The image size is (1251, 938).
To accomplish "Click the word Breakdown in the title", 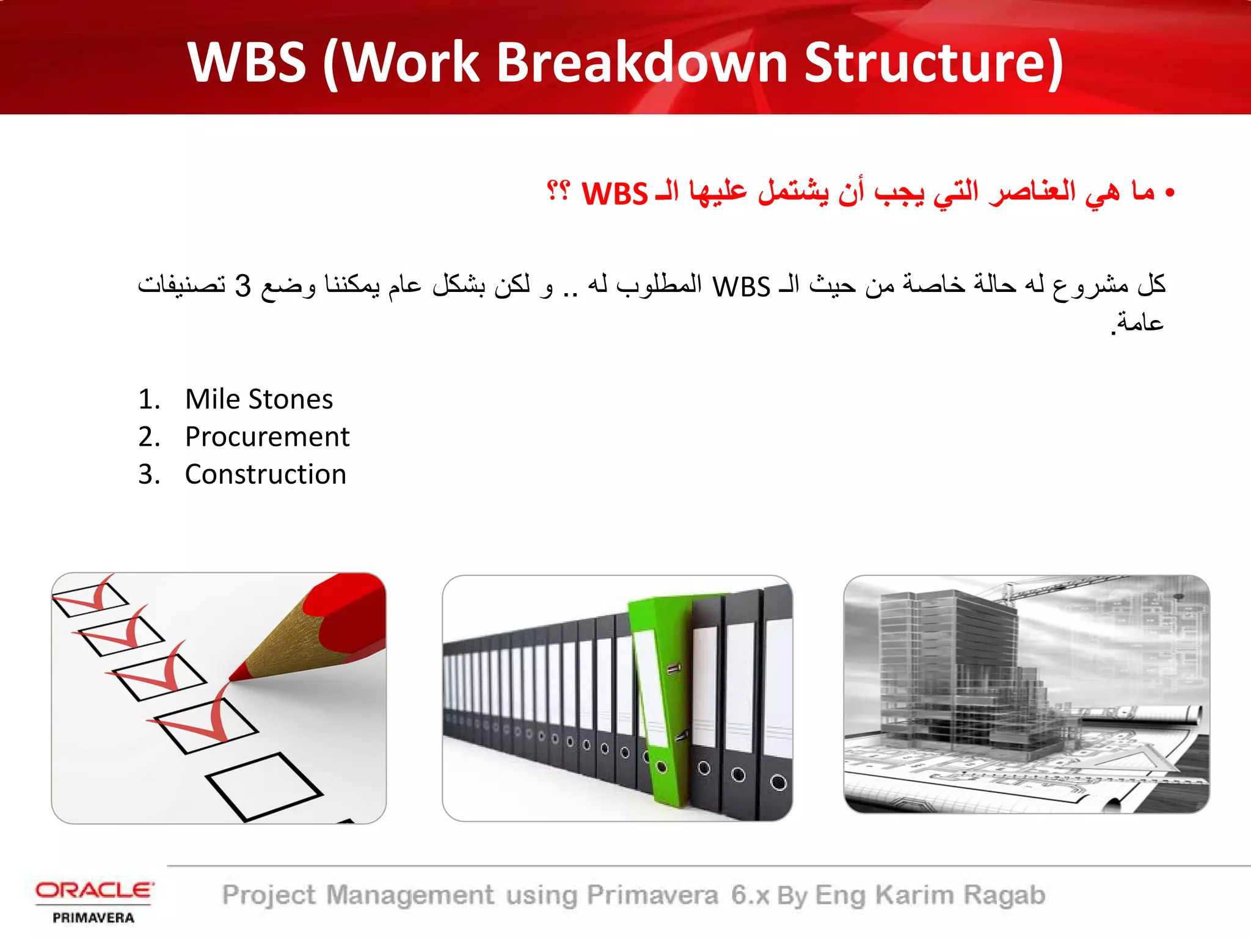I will (x=641, y=62).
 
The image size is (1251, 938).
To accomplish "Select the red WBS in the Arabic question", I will (x=614, y=194).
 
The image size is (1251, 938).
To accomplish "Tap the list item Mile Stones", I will (x=259, y=399).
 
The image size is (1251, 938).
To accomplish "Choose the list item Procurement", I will (x=267, y=437).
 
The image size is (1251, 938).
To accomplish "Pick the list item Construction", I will (x=266, y=474).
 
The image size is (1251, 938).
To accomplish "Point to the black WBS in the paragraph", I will (x=742, y=286).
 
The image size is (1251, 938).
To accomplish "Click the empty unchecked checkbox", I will (x=263, y=786).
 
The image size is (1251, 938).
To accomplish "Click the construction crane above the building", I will (x=1051, y=586).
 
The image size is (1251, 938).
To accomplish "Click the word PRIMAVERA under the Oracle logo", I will (x=93, y=918).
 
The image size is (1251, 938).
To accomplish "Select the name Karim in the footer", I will (x=914, y=895).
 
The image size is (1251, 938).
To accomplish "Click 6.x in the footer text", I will (x=750, y=895).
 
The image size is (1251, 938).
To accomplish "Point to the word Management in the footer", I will (x=410, y=895).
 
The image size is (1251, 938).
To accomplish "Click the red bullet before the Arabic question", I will (x=1169, y=194).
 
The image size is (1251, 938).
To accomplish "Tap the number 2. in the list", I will (x=148, y=437).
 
